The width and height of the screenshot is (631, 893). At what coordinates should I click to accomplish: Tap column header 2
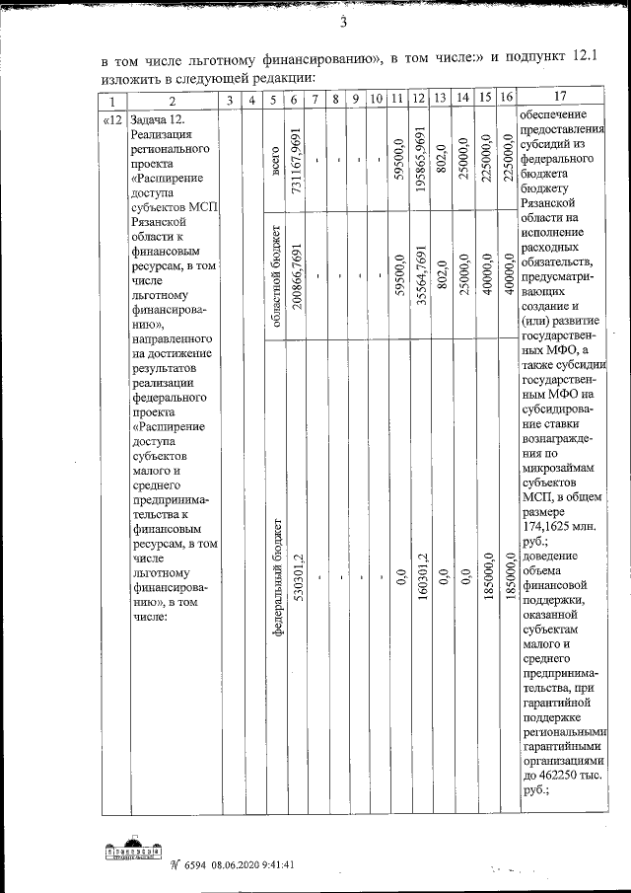coord(172,100)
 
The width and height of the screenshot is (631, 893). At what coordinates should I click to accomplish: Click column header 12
coord(419,99)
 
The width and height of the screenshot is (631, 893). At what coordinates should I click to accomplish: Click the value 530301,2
coord(295,575)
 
